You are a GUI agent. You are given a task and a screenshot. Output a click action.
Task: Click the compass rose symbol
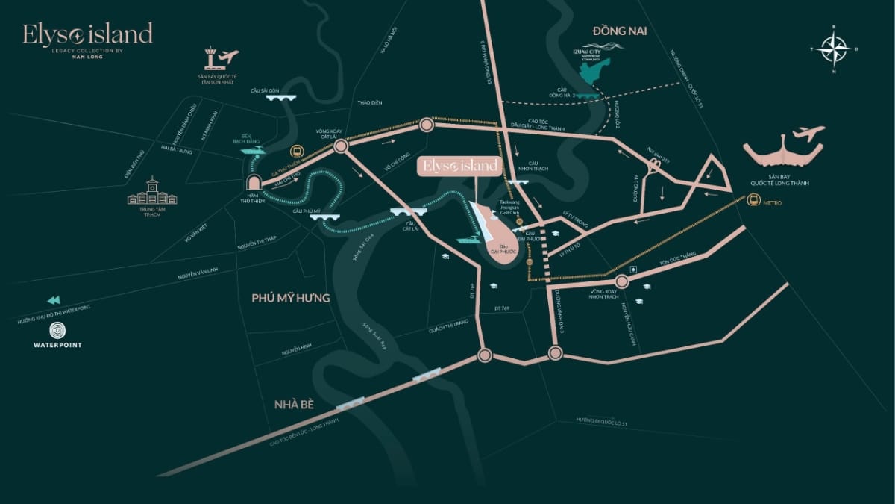click(835, 49)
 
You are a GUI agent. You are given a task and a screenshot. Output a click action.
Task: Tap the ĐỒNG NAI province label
click(618, 31)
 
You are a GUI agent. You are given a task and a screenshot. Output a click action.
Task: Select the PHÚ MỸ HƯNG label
click(286, 298)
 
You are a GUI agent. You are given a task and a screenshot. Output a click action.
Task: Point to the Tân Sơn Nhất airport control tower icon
click(212, 59)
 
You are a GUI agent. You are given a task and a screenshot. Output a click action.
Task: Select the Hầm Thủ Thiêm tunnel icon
click(254, 184)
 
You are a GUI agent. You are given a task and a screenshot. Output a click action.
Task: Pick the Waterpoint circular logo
click(57, 331)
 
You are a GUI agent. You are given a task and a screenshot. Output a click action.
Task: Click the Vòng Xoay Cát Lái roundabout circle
click(341, 147)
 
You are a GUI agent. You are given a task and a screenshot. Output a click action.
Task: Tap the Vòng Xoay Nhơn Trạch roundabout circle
click(622, 281)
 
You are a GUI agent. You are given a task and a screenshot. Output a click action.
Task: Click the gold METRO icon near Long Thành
click(753, 200)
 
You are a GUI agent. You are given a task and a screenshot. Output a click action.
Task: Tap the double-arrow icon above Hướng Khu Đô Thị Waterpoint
click(53, 301)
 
